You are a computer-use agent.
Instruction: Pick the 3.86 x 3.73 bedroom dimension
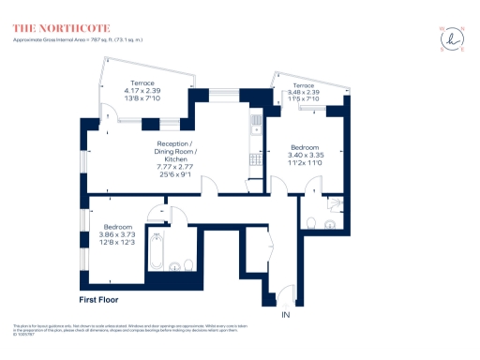118,235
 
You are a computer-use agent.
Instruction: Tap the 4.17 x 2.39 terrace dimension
143,90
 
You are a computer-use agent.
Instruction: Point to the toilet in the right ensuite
311,221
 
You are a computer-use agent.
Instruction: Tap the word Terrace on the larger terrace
143,82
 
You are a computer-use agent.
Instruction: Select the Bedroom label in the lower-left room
118,228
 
